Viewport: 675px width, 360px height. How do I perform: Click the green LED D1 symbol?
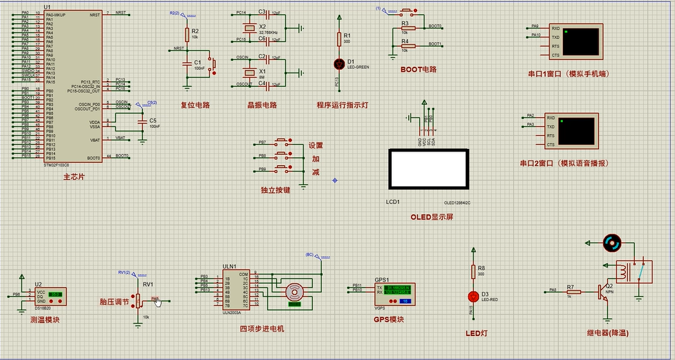click(x=337, y=63)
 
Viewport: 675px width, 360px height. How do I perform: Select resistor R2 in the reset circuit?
click(x=187, y=34)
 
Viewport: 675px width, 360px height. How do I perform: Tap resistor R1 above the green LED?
click(x=337, y=39)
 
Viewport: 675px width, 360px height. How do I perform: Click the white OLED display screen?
click(x=428, y=168)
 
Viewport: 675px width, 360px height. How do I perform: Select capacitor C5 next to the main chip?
click(x=143, y=121)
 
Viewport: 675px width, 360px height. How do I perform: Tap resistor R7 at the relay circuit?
click(x=572, y=291)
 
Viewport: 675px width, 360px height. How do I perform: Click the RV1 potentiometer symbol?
click(x=139, y=300)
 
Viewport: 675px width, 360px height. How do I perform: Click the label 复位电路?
click(x=195, y=105)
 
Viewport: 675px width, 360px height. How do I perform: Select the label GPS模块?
click(x=389, y=319)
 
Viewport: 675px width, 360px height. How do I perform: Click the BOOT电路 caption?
click(x=418, y=69)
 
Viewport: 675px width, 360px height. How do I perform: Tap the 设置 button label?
click(x=315, y=146)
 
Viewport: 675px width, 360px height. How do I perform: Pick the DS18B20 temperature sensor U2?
click(x=49, y=297)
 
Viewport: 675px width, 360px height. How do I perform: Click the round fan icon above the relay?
click(x=612, y=243)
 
